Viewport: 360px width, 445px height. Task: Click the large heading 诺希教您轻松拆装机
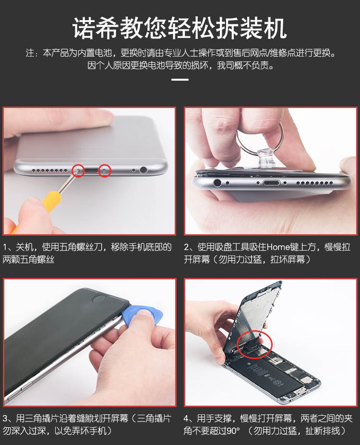[x=180, y=28]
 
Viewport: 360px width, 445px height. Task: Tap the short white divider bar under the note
[x=180, y=80]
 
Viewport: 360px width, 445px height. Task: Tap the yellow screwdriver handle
[x=48, y=203]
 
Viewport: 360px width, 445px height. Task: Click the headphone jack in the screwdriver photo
[x=144, y=170]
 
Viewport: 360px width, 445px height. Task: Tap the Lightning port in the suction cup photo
[x=271, y=183]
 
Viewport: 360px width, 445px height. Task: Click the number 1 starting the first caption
[x=5, y=247]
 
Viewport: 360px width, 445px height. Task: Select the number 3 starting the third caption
[x=6, y=418]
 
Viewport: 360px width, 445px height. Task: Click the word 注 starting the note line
[x=30, y=53]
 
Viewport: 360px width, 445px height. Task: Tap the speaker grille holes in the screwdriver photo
[x=49, y=170]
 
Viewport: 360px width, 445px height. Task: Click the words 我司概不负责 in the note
[x=242, y=66]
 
